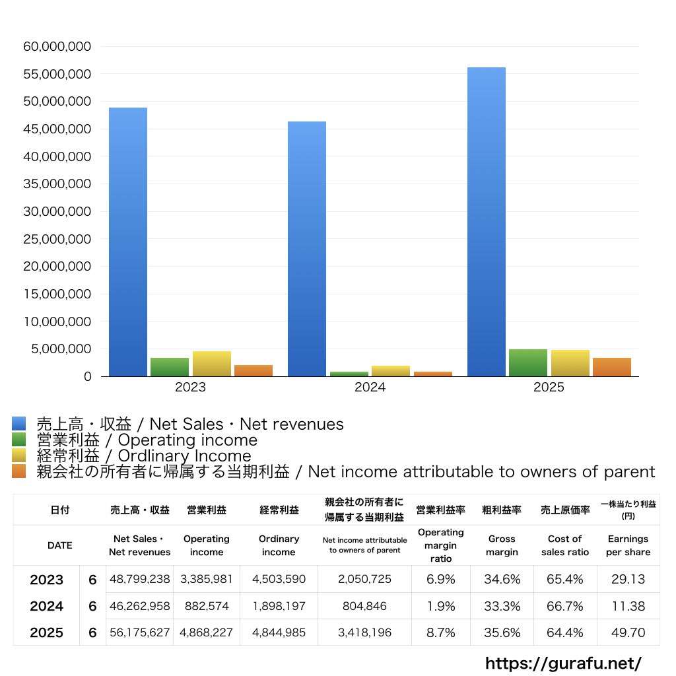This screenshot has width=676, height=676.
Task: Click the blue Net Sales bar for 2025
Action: [x=486, y=222]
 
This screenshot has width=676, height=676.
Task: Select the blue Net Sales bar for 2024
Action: [x=306, y=249]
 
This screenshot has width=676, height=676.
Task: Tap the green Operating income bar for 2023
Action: [x=170, y=367]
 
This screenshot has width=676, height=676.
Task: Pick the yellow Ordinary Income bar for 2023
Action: [x=211, y=364]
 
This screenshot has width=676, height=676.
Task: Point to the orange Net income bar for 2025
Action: [x=611, y=367]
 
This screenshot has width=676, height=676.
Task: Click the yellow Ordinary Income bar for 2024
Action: [x=391, y=371]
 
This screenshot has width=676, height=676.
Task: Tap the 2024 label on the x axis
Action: [x=370, y=388]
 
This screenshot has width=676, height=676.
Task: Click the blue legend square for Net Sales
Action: [x=18, y=424]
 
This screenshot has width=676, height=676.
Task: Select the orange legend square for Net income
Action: [x=18, y=471]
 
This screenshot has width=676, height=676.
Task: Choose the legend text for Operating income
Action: [x=147, y=440]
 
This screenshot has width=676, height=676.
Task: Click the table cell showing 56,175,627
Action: [x=139, y=632]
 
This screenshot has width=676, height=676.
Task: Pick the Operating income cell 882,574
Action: [x=207, y=606]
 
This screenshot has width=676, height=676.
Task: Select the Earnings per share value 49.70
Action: [x=628, y=632]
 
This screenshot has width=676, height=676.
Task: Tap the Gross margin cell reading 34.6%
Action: [x=502, y=580]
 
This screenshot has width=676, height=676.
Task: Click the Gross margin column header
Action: [x=502, y=545]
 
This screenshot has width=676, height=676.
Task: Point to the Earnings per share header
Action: [x=628, y=545]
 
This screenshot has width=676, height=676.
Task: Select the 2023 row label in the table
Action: [x=47, y=580]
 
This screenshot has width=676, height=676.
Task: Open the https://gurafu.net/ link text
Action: [x=563, y=663]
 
